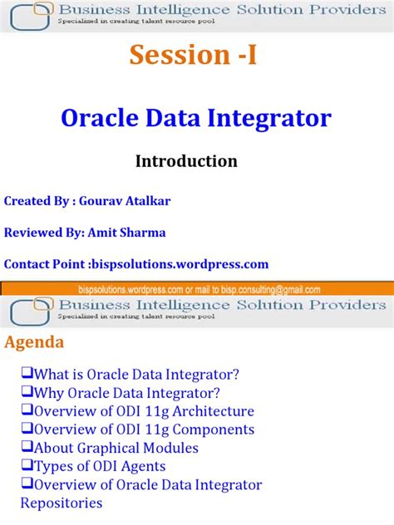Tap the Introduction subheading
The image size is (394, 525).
pyautogui.click(x=186, y=161)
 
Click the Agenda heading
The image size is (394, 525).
pyautogui.click(x=34, y=342)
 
